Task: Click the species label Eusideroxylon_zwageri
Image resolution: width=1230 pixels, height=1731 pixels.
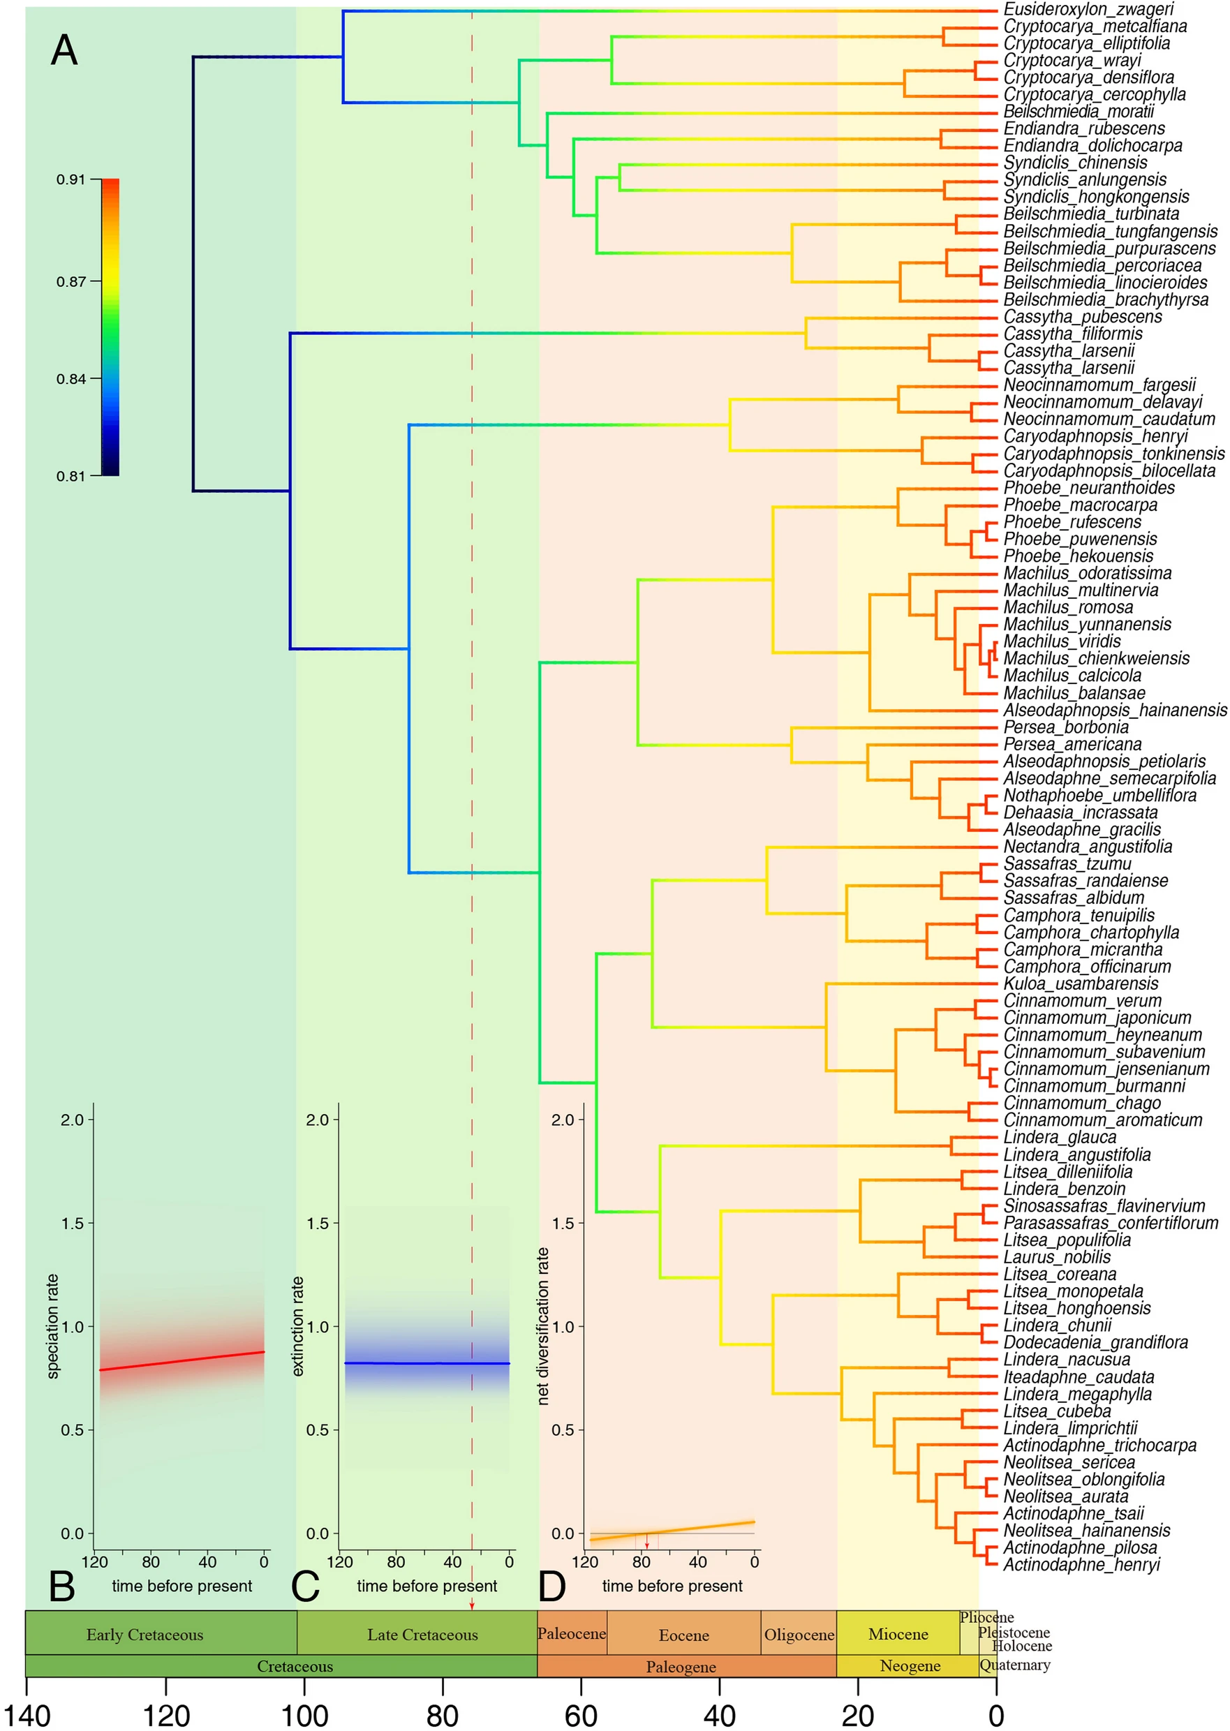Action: (1088, 9)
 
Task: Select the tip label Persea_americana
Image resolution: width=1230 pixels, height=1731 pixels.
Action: (1072, 744)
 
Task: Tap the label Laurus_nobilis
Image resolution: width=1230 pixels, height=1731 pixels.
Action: (1057, 1257)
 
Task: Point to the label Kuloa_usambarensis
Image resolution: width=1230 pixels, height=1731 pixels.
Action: (1080, 983)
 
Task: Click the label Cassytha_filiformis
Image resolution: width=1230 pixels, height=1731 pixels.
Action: (1072, 334)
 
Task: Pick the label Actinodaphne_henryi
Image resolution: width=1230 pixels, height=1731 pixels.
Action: (1081, 1564)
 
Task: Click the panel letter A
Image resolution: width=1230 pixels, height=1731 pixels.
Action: (64, 51)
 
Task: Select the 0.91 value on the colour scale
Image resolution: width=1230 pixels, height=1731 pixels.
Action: (71, 179)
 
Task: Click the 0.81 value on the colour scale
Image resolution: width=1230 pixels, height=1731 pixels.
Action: (71, 476)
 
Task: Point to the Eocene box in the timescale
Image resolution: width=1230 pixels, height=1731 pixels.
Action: (683, 1635)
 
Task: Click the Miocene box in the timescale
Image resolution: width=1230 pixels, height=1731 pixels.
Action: (898, 1634)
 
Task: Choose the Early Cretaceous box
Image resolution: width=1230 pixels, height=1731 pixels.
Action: (145, 1635)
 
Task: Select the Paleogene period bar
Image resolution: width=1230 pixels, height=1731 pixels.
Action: (680, 1667)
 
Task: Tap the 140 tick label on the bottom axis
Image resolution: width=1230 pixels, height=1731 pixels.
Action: (27, 1716)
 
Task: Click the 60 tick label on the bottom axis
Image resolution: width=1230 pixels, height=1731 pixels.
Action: (581, 1716)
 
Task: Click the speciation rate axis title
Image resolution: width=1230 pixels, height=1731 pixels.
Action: (52, 1327)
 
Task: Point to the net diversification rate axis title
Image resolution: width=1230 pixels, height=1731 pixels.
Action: (542, 1327)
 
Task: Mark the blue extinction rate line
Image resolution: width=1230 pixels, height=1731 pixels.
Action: (427, 1363)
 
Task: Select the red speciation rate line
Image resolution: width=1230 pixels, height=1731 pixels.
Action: (181, 1361)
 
